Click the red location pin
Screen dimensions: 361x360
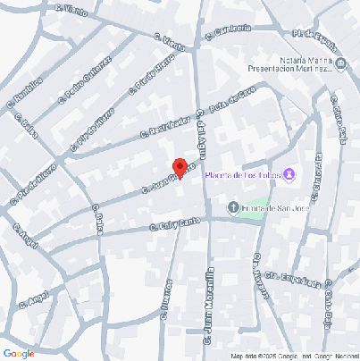[x=179, y=168]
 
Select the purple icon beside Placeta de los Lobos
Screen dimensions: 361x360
[x=290, y=173]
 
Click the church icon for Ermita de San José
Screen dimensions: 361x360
[x=234, y=209]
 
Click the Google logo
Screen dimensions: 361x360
[x=18, y=353]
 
